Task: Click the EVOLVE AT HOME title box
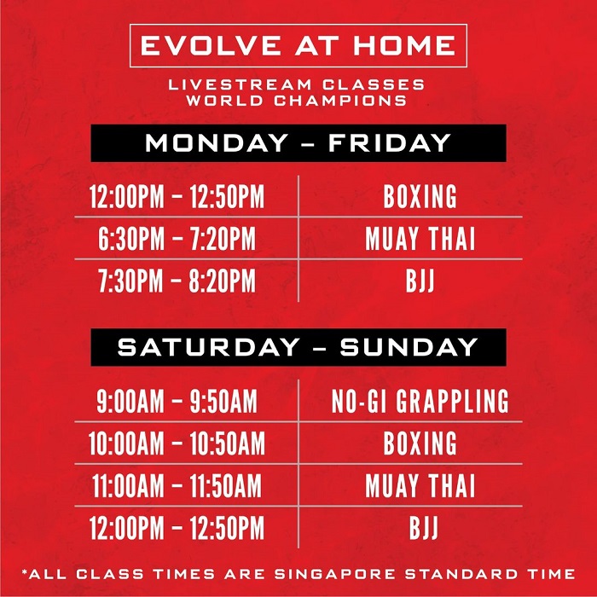tap(298, 46)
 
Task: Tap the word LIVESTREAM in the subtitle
tap(240, 84)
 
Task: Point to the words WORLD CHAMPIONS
tap(296, 101)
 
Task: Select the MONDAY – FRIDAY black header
tap(298, 142)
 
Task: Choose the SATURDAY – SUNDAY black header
tap(298, 347)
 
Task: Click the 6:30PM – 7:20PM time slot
tap(177, 239)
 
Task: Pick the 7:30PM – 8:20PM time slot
tap(177, 281)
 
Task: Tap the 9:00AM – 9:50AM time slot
tap(177, 401)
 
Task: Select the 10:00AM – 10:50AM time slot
tap(177, 443)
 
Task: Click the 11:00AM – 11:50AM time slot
tap(177, 485)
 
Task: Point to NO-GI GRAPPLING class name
tap(420, 401)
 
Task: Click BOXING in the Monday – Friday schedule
tap(420, 196)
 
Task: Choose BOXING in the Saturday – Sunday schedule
tap(420, 443)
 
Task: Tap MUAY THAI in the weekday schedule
tap(420, 239)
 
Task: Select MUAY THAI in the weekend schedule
tap(420, 485)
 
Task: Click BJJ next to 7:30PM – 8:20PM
tap(420, 281)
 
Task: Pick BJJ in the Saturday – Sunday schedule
tap(423, 528)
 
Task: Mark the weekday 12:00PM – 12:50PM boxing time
tap(177, 196)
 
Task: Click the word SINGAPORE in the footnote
tap(335, 574)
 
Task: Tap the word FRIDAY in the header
tap(390, 142)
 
